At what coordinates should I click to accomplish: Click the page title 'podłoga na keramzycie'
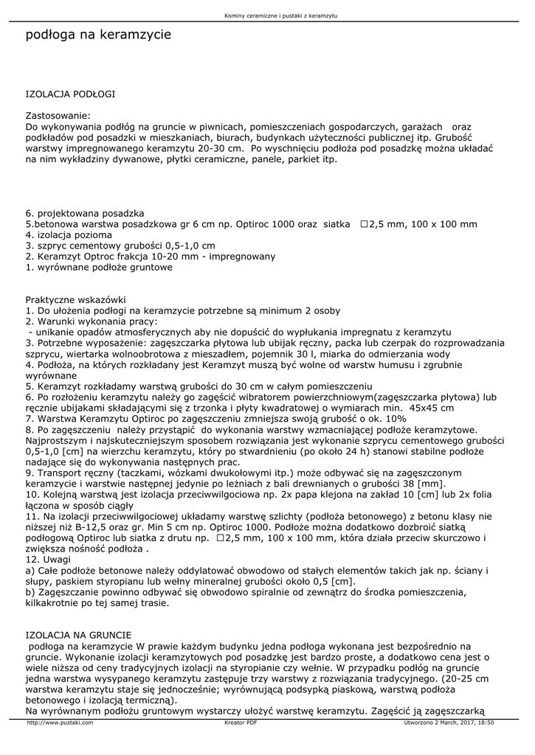98,35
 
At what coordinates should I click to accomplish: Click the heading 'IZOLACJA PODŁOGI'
70,94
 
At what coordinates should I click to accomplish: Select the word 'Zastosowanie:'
58,116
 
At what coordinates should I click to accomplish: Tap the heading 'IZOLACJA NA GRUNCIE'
78,635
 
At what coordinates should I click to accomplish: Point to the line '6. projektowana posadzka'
85,213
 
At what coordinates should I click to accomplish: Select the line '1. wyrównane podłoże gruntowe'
99,267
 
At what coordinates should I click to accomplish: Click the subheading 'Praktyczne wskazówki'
76,300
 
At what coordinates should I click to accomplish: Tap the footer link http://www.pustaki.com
60,723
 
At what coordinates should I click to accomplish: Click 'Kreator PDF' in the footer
241,723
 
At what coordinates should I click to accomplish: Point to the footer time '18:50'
485,723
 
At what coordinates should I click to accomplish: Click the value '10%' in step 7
395,418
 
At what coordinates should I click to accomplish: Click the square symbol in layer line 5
364,224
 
